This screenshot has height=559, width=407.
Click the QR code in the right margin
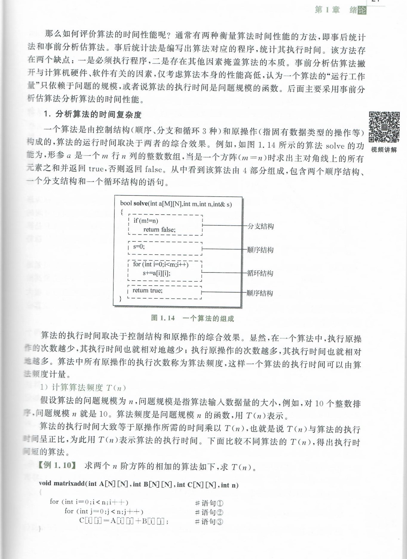click(384, 127)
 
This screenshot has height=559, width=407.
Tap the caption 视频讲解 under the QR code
click(384, 150)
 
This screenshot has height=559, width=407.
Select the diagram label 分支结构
click(261, 226)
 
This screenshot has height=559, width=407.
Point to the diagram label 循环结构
click(260, 273)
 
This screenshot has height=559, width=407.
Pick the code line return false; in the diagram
click(159, 230)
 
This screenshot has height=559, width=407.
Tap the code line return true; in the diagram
click(147, 290)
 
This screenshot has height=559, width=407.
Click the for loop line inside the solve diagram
click(160, 264)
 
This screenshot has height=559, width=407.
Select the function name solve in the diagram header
click(140, 204)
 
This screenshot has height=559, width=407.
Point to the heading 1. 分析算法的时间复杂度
click(92, 114)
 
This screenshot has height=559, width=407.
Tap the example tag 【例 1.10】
click(57, 465)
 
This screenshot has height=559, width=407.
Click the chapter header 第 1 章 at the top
click(327, 10)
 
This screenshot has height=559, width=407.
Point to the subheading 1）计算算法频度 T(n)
click(83, 387)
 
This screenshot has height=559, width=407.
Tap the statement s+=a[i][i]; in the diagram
click(156, 273)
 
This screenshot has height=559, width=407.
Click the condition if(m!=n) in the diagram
click(146, 221)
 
